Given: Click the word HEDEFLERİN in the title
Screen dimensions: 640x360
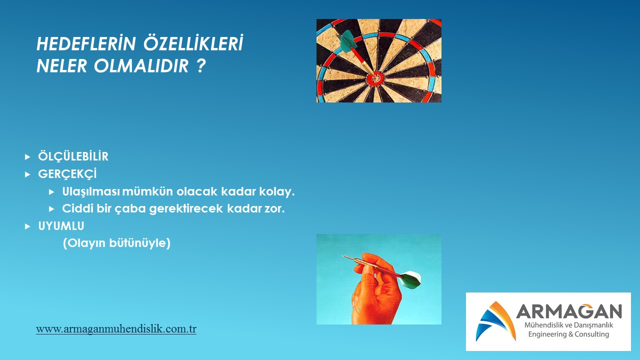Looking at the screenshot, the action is click(x=85, y=43).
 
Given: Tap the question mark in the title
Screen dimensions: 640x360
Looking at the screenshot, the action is click(x=201, y=65).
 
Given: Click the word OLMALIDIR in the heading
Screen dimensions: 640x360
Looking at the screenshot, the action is click(x=141, y=66).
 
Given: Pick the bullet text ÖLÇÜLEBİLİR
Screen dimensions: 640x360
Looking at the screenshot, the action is click(x=73, y=156).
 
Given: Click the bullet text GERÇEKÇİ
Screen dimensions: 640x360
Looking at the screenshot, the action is click(x=67, y=173).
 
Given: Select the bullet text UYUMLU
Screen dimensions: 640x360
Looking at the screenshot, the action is click(x=61, y=226).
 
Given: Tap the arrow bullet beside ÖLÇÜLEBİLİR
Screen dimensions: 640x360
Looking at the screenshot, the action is click(x=27, y=157).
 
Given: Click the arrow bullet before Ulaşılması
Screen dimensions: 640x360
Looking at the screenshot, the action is click(x=51, y=192).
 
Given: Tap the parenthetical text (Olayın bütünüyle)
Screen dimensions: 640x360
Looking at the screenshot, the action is click(x=116, y=243).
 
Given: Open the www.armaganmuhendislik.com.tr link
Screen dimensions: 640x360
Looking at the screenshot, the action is click(x=116, y=329).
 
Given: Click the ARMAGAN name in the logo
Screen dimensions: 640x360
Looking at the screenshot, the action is click(x=569, y=311).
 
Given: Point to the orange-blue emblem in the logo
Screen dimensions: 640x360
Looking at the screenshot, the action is click(x=495, y=321).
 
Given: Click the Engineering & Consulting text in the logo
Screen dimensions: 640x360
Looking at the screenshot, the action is click(x=568, y=334).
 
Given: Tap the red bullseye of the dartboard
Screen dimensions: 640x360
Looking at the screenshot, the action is click(x=376, y=77).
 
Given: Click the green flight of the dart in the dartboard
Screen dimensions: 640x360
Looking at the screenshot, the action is click(x=346, y=41).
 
